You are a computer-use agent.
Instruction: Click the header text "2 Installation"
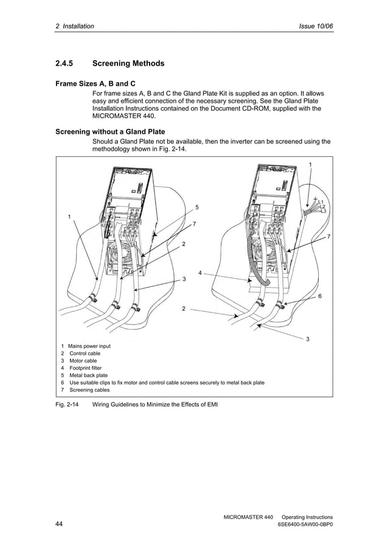(75, 27)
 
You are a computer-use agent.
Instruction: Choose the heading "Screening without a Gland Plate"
(110, 131)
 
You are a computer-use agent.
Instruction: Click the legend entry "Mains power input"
(89, 345)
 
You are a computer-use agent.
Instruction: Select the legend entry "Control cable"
(85, 353)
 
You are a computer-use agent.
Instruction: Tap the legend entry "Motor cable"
(83, 361)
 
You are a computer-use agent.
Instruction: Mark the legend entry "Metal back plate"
(88, 375)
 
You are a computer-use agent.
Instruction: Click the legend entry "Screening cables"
(89, 390)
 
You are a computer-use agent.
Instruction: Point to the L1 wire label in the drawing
(321, 201)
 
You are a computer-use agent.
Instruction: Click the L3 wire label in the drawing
(324, 211)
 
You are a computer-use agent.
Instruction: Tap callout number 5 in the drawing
(196, 207)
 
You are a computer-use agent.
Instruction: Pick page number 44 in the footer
(60, 524)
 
